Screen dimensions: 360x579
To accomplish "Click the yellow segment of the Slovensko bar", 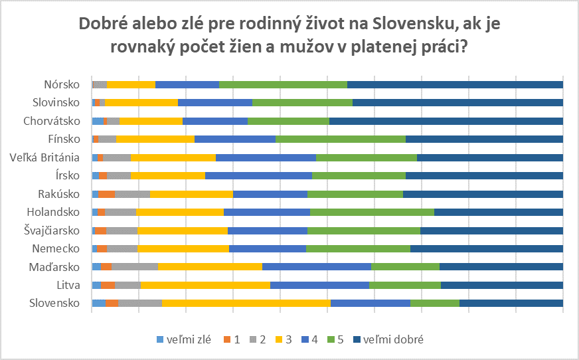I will (x=246, y=303).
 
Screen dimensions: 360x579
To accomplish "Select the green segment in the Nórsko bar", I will (x=283, y=84).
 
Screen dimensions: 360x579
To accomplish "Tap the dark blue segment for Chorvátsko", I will (x=446, y=121).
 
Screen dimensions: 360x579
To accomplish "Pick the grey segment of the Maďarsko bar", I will (x=134, y=266).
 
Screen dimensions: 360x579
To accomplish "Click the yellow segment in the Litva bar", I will (x=205, y=285).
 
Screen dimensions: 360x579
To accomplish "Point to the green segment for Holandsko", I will (x=372, y=212).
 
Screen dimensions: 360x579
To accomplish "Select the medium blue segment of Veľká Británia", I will (x=266, y=157).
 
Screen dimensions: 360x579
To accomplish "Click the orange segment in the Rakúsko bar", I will (x=106, y=194).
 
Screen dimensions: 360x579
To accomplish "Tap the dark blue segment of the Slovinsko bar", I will (x=457, y=102).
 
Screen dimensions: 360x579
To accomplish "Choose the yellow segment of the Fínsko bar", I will (x=155, y=139).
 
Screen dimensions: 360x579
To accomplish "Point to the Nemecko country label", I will (x=56, y=248).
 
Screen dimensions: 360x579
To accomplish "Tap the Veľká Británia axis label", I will (x=45, y=157).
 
